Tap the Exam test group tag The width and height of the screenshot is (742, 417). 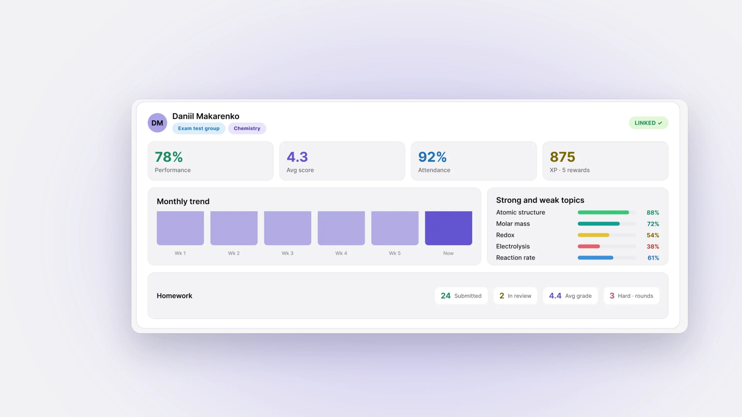[x=199, y=128]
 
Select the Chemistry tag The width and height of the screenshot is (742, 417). [x=247, y=128]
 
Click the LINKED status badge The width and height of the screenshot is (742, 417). [x=648, y=123]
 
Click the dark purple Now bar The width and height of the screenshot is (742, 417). [x=448, y=228]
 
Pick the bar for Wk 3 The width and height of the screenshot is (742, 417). [x=288, y=228]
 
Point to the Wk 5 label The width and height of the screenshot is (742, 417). [x=395, y=253]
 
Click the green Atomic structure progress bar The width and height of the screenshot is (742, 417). [x=603, y=212]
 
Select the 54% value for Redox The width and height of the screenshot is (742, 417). [x=653, y=235]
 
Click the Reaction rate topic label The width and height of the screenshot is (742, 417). [x=516, y=258]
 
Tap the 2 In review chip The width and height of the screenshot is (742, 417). [x=515, y=296]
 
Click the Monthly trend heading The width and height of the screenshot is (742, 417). [x=183, y=201]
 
